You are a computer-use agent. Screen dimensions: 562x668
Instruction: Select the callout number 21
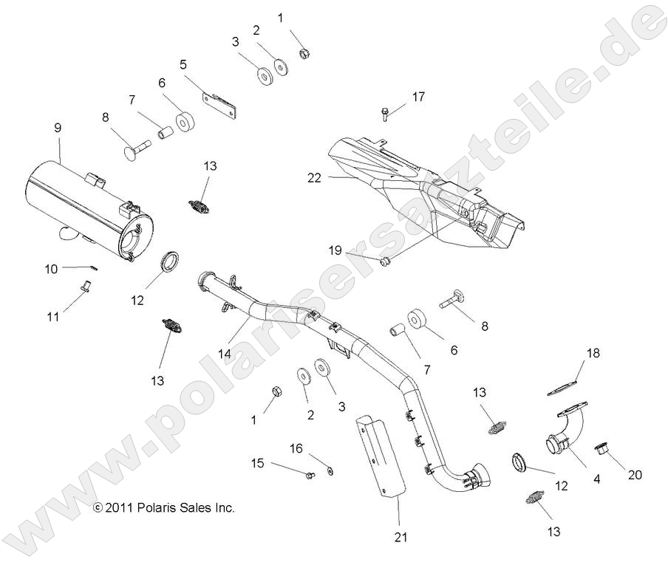401,537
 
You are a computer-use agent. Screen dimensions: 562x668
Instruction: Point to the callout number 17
419,97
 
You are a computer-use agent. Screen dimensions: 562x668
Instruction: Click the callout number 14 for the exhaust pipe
225,354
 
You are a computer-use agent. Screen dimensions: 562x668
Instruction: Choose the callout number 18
593,353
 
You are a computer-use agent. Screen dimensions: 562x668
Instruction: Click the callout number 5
183,64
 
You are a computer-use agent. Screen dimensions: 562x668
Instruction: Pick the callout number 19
335,250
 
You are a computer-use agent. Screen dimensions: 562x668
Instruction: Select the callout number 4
597,479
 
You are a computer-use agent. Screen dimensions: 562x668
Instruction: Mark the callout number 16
296,448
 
